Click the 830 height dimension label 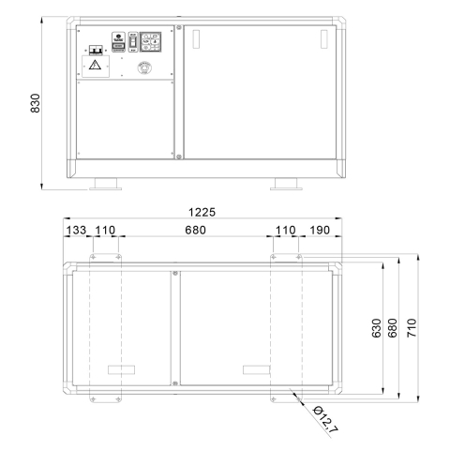coord(36,103)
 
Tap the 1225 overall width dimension coord(202,213)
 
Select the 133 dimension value coord(76,231)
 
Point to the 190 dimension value coord(320,231)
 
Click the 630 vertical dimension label coord(377,328)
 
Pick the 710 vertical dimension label coord(412,328)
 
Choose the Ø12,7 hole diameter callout coord(325,420)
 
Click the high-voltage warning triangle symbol coord(95,65)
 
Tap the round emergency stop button coord(144,67)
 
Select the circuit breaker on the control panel coord(97,50)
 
